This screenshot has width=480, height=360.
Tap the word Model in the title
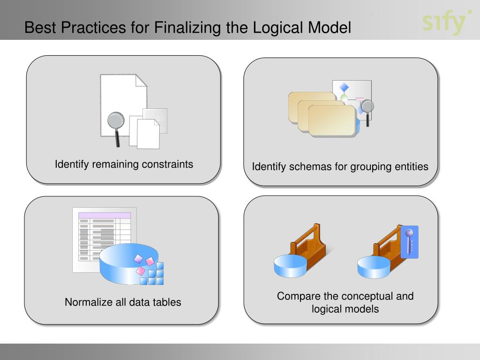[329, 28]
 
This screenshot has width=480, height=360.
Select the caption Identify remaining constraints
[124, 165]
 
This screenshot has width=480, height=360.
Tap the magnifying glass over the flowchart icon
[367, 107]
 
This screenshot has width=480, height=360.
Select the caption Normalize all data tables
[123, 302]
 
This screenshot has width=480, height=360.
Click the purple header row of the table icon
[104, 215]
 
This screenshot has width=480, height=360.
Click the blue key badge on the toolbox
[410, 242]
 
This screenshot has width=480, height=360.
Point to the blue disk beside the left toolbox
[290, 266]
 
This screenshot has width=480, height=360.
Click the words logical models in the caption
[345, 309]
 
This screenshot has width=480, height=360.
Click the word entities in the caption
[411, 167]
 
